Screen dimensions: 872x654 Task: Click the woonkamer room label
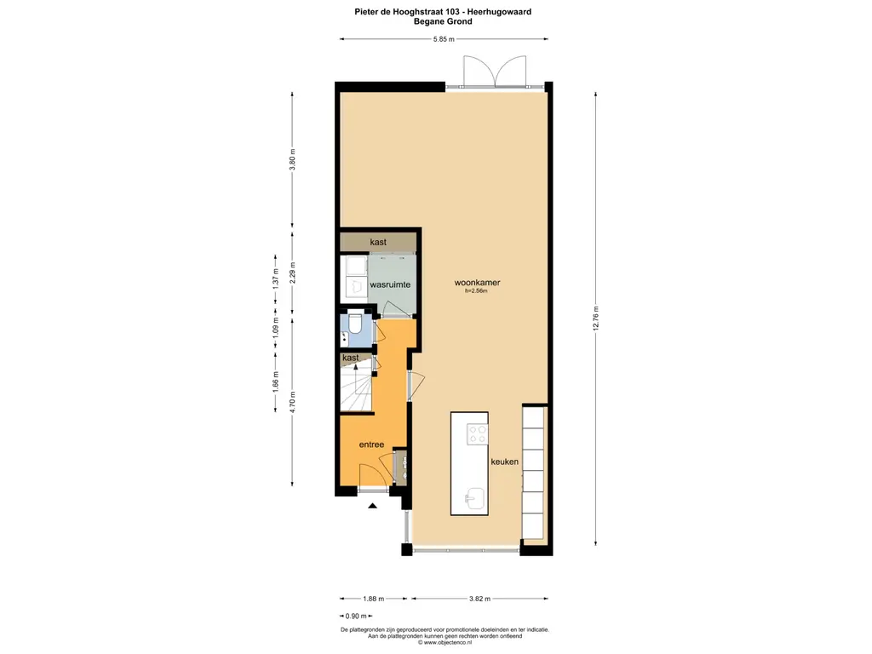(477, 283)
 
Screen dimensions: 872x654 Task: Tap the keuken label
(504, 462)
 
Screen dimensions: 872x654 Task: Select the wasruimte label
(390, 284)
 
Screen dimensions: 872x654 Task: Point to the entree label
(371, 445)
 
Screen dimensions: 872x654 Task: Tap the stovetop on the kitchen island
(477, 433)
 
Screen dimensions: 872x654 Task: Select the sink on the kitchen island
(474, 499)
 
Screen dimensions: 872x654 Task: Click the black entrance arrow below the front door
(373, 506)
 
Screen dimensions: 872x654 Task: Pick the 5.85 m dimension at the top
(444, 39)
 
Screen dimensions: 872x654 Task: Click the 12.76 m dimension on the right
(595, 318)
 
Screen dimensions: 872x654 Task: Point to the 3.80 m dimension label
(293, 159)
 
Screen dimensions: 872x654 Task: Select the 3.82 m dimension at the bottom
(479, 599)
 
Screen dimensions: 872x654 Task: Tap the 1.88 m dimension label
(373, 599)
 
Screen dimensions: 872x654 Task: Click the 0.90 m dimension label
(356, 617)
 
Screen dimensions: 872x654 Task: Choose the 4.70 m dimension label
(293, 402)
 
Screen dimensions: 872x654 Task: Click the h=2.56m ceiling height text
(476, 291)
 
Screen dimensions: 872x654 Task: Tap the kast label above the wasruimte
(378, 242)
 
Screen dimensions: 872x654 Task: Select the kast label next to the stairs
(350, 358)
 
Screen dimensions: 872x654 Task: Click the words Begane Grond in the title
(443, 21)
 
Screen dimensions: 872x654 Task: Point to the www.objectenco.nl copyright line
(445, 642)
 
